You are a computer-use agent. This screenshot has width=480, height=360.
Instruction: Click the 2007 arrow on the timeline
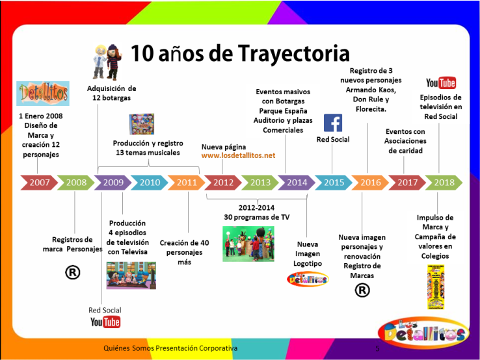(39, 183)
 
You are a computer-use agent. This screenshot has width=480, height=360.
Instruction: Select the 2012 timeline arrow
(223, 183)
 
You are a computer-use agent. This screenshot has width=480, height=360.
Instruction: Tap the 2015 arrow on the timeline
(334, 183)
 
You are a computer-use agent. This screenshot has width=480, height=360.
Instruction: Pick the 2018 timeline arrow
(444, 183)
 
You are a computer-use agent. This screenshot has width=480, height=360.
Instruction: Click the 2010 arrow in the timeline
(150, 183)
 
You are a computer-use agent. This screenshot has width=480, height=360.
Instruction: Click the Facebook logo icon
(333, 123)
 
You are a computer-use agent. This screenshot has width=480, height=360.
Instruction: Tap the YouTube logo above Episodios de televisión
(441, 83)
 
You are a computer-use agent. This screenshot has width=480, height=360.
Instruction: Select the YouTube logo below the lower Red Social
(105, 322)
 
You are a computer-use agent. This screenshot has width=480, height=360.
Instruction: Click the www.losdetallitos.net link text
(238, 155)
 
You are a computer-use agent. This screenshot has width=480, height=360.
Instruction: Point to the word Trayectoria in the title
(293, 53)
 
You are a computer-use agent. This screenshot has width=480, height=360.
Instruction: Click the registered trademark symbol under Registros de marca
(73, 272)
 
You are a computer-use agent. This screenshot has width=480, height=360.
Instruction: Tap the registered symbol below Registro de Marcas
(362, 290)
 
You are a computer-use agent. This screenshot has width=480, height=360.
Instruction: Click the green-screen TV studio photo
(248, 244)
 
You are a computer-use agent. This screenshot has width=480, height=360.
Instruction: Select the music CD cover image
(142, 124)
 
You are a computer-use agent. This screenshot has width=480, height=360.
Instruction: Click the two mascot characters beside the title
(107, 62)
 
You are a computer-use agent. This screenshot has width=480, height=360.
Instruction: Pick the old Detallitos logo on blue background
(43, 94)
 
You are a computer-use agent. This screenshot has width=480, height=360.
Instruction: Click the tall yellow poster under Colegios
(436, 287)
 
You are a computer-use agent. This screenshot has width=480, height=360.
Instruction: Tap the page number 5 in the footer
(377, 348)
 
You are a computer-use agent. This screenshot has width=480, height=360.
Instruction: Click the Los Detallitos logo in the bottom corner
(423, 333)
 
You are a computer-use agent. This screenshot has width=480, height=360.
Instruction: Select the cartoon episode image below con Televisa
(131, 276)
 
